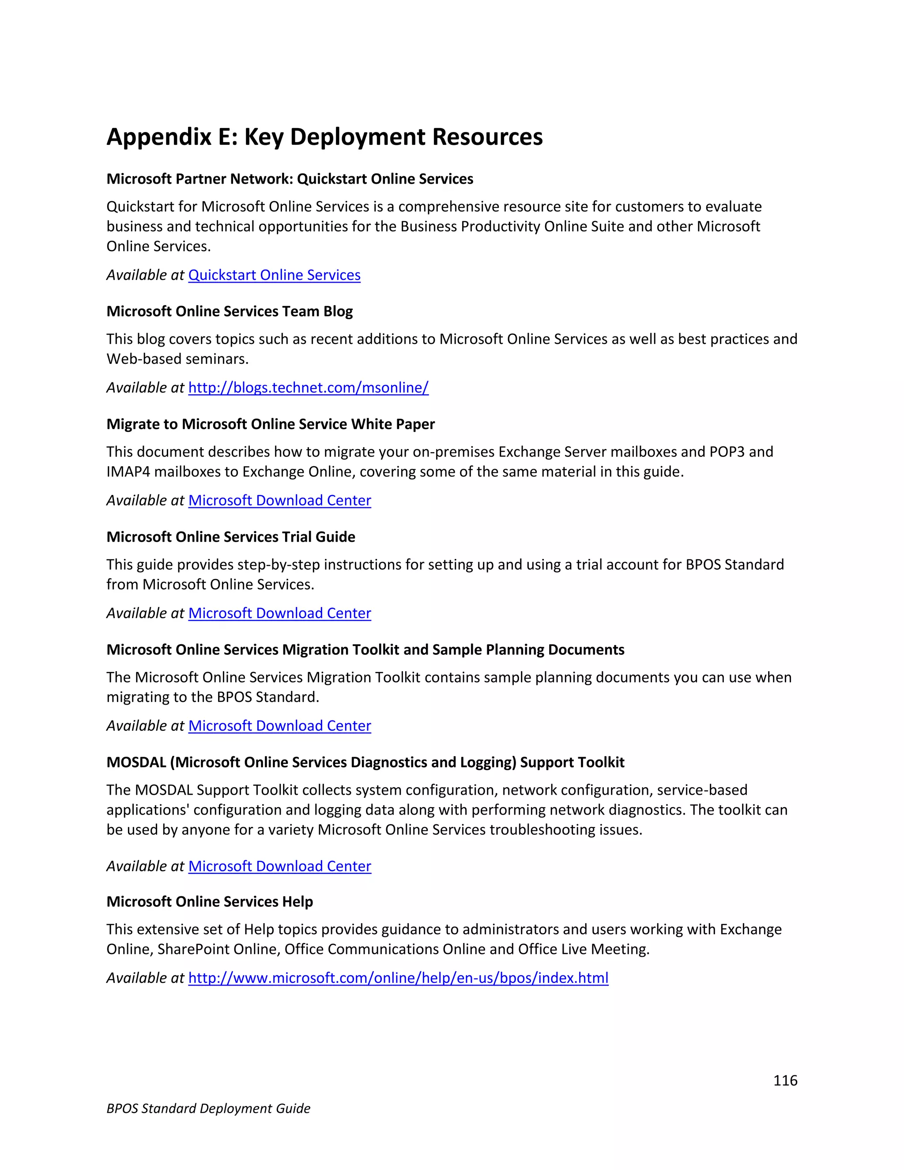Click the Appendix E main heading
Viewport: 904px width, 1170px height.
pyautogui.click(x=324, y=137)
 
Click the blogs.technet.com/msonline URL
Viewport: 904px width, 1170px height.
pyautogui.click(x=308, y=387)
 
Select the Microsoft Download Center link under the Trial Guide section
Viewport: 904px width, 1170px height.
pyautogui.click(x=279, y=613)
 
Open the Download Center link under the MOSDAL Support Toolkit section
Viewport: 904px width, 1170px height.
pyautogui.click(x=279, y=866)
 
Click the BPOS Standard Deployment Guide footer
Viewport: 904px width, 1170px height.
pyautogui.click(x=208, y=1108)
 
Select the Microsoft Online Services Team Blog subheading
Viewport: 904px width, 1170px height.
pyautogui.click(x=229, y=311)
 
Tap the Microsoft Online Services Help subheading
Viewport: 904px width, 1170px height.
pyautogui.click(x=209, y=902)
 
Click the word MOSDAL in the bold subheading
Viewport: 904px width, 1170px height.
pyautogui.click(x=136, y=762)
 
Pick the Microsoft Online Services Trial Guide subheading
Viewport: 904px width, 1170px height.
pyautogui.click(x=230, y=537)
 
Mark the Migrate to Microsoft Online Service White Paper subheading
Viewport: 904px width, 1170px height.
pyautogui.click(x=271, y=424)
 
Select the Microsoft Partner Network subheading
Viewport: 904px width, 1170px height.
pyautogui.click(x=289, y=179)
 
